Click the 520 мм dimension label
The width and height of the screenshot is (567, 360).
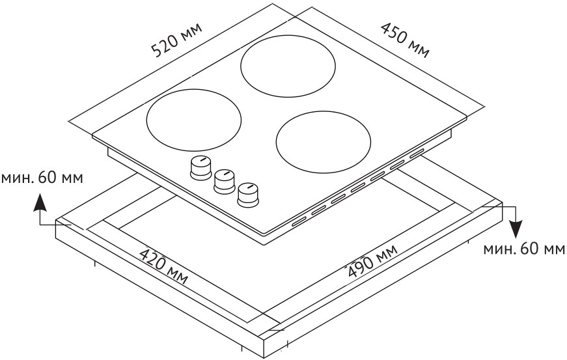click(x=176, y=40)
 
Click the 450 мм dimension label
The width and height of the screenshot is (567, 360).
click(x=406, y=40)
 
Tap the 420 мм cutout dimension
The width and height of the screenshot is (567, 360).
click(x=163, y=266)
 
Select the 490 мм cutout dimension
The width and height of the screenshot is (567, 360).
click(x=372, y=260)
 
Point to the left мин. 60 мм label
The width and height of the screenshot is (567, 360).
click(x=42, y=178)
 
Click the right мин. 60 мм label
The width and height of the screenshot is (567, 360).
click(x=524, y=249)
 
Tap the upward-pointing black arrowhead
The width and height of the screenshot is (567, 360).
click(x=40, y=202)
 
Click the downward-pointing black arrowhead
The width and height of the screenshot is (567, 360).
click(x=517, y=228)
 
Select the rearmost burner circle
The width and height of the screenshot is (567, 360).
click(x=288, y=66)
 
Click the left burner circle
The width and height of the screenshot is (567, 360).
click(x=194, y=120)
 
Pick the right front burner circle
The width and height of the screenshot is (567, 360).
click(x=324, y=142)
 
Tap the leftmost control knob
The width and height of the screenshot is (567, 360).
click(x=201, y=167)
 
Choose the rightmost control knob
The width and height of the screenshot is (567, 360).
click(x=249, y=195)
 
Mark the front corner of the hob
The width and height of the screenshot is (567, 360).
click(x=265, y=234)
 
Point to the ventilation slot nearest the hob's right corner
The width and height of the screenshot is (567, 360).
click(x=416, y=154)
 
